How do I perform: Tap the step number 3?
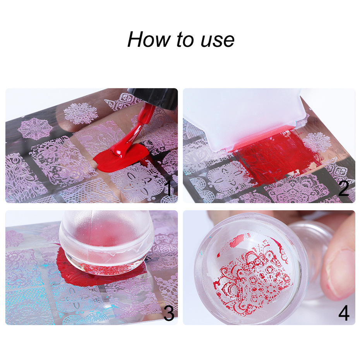tap(168, 313)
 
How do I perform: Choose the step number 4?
tap(344, 313)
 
